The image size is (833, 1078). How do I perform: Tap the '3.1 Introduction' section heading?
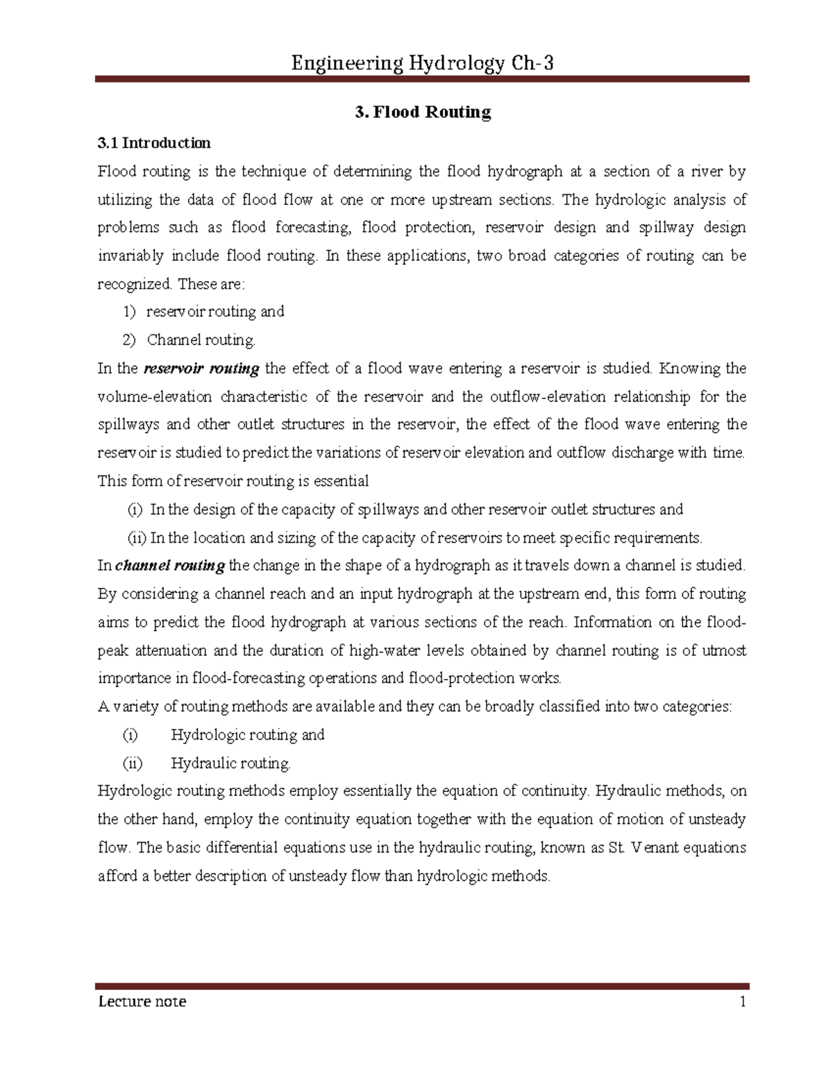point(153,144)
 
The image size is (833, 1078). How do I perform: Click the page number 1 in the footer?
point(742,1002)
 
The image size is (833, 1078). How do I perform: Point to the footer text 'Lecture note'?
point(142,1002)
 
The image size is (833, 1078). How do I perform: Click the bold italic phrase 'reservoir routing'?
point(201,369)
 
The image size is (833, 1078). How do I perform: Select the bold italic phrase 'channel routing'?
point(170,566)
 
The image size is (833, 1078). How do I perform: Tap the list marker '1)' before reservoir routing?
point(130,312)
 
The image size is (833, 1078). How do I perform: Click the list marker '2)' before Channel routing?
point(130,340)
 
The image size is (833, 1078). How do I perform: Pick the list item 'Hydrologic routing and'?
point(248,735)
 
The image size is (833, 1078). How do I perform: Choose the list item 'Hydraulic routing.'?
point(231,764)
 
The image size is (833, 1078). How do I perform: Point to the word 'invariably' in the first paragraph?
point(131,256)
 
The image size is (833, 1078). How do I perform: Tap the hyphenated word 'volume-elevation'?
point(155,397)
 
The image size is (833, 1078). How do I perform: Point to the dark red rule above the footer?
point(423,985)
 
